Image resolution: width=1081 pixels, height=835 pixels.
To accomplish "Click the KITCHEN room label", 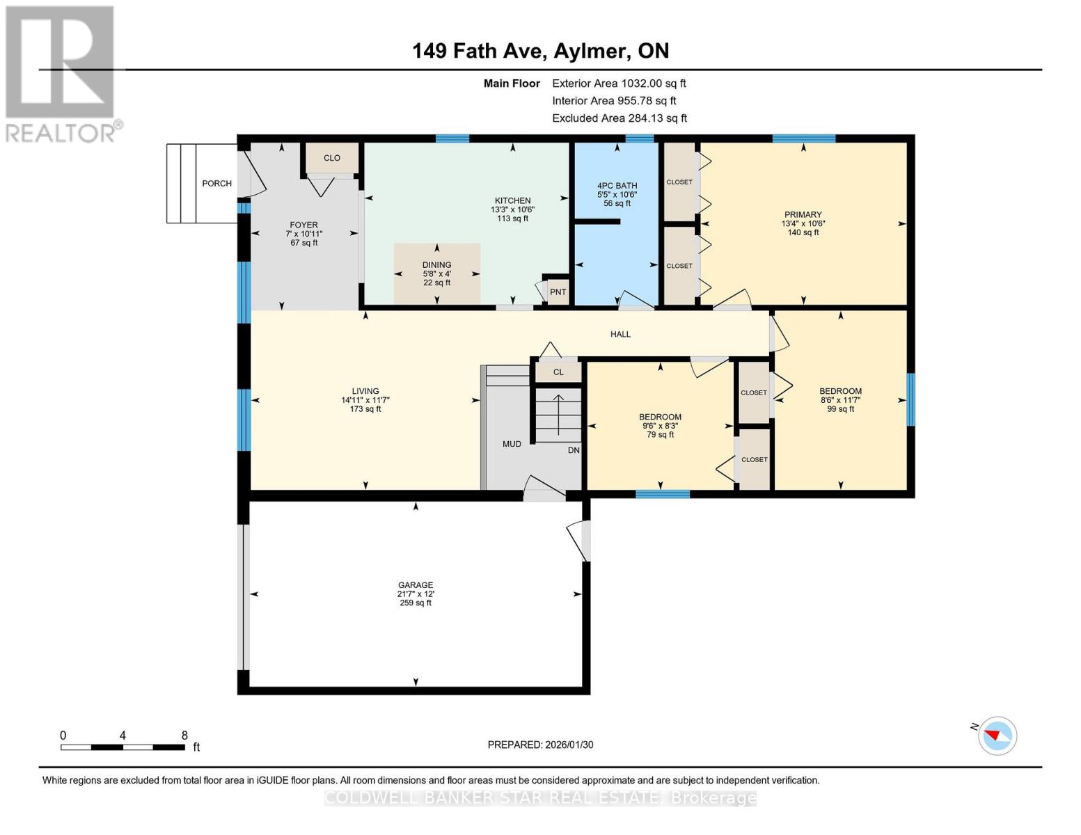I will click(512, 201).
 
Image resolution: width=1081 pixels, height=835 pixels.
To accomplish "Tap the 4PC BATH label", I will click(617, 186).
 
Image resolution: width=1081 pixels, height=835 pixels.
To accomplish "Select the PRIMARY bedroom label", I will click(803, 215).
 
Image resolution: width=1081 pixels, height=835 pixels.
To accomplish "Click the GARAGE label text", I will click(416, 585).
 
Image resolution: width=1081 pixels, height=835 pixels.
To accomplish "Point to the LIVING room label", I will click(365, 392).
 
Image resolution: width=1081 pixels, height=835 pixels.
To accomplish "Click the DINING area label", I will click(436, 265).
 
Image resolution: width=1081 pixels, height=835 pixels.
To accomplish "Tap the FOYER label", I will click(303, 225).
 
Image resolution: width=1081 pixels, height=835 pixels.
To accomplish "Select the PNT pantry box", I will click(558, 292).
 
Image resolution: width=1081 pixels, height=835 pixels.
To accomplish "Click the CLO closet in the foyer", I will click(332, 158).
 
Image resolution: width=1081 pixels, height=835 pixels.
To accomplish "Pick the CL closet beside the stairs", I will click(558, 372).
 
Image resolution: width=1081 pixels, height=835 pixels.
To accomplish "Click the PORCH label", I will click(216, 184).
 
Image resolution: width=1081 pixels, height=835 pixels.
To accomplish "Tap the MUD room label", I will click(512, 444).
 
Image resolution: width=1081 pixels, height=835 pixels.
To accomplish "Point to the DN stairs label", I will click(574, 450).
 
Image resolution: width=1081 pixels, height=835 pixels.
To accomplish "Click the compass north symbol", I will click(997, 735).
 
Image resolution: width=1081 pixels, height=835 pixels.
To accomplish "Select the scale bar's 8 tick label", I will click(184, 735).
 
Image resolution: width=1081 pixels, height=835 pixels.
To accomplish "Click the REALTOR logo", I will click(61, 73).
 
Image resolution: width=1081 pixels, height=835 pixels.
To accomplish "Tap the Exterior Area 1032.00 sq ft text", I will click(619, 83).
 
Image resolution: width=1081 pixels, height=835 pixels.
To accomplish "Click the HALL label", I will click(620, 334).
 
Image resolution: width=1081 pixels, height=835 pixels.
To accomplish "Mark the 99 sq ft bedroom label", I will click(841, 409).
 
